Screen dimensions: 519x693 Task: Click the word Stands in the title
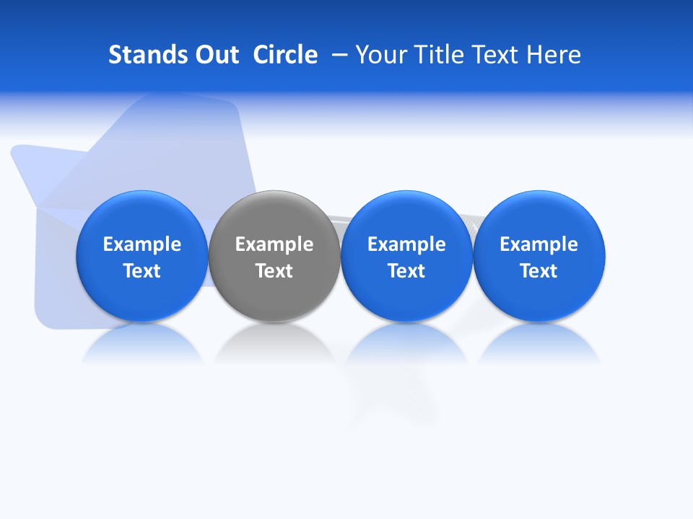click(x=146, y=55)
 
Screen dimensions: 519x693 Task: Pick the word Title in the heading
click(x=443, y=55)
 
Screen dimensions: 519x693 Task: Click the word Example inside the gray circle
click(x=274, y=245)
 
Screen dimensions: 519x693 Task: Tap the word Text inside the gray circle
click(x=274, y=271)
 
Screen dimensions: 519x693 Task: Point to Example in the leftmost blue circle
click(x=141, y=245)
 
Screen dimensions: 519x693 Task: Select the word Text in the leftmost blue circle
click(x=141, y=271)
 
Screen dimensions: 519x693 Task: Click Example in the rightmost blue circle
click(x=539, y=245)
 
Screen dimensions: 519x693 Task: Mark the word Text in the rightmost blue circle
click(x=539, y=271)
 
